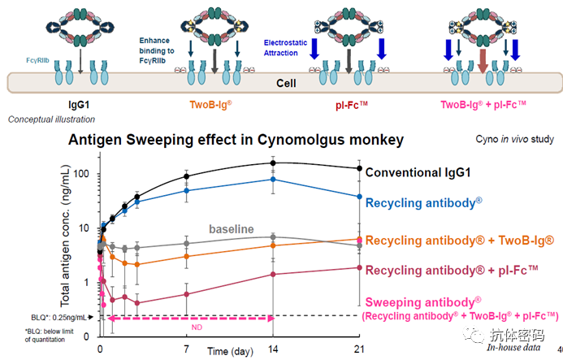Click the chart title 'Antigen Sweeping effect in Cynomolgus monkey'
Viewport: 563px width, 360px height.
(x=236, y=140)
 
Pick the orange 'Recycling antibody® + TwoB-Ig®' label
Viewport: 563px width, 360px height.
(x=460, y=241)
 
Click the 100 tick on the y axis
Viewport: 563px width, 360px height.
(x=79, y=173)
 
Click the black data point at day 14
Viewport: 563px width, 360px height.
(x=273, y=163)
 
